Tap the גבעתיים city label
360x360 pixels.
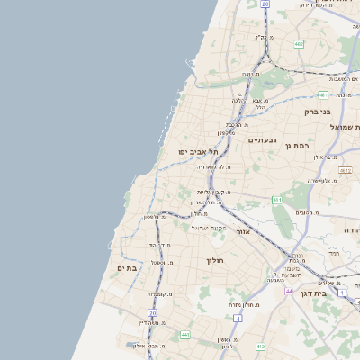point(261,140)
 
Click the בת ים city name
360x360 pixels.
point(126,268)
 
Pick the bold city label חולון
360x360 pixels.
point(207,260)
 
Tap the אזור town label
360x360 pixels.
point(242,231)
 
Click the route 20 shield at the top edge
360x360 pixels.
point(265,4)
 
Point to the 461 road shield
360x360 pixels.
point(277,200)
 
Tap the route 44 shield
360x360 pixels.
point(290,292)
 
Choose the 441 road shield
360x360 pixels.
point(184,335)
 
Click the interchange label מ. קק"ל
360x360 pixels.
point(263,37)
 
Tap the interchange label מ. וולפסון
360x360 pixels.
point(156,217)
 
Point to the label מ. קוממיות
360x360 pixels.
point(160,294)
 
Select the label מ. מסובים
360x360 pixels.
point(305,212)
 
